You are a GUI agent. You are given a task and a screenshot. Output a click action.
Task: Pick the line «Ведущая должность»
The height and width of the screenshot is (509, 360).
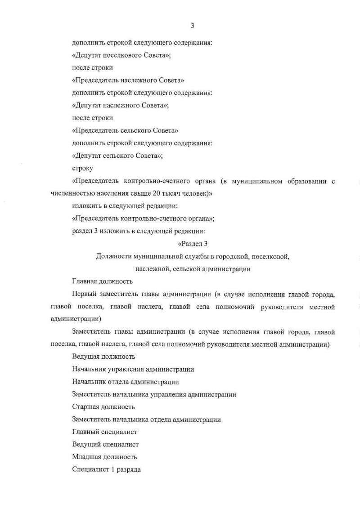pos(103,357)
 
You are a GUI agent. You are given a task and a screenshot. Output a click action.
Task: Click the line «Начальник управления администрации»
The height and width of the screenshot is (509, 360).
pos(133,369)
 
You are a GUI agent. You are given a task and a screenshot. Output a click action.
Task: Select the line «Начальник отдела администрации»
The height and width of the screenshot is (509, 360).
pos(126,382)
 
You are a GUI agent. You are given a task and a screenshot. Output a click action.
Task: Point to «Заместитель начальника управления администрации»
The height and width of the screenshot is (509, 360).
pos(154,394)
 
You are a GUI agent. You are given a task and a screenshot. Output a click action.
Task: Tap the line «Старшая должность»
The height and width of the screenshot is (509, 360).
pos(103,407)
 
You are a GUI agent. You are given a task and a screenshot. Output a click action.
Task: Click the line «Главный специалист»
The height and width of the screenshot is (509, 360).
pos(104,432)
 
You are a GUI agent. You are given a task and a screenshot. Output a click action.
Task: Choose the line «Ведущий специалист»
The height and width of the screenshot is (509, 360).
pos(105,444)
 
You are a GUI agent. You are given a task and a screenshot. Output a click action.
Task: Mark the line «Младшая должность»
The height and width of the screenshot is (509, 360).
pos(104,457)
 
